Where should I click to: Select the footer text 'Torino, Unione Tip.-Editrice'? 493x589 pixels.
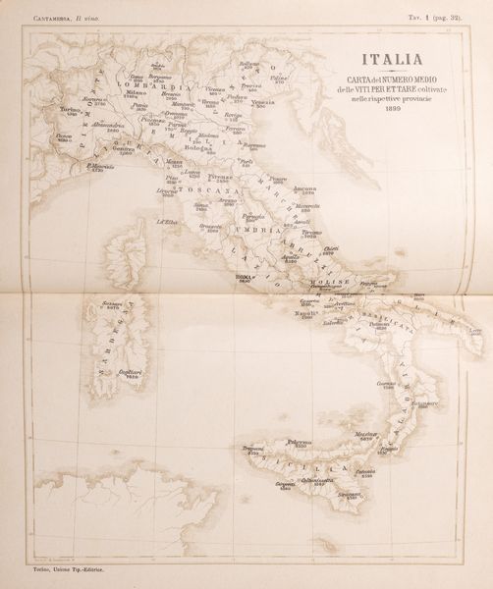65,569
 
